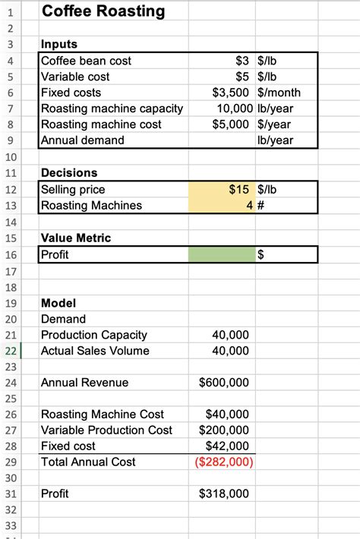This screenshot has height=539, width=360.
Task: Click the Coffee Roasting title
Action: click(x=103, y=11)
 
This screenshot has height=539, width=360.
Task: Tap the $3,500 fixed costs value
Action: click(x=233, y=93)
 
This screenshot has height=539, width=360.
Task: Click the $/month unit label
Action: click(x=279, y=93)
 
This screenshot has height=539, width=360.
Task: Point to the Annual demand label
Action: click(x=83, y=140)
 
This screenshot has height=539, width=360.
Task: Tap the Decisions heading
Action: click(x=69, y=173)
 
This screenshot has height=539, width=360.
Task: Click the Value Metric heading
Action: click(x=76, y=238)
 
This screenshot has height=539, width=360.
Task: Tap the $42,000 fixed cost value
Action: click(x=227, y=446)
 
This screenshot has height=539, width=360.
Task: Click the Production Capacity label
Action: click(x=94, y=335)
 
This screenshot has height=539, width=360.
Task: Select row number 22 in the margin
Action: click(x=11, y=351)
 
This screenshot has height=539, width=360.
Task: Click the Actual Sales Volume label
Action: click(x=95, y=351)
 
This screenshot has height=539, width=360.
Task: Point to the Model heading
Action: click(x=58, y=304)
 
